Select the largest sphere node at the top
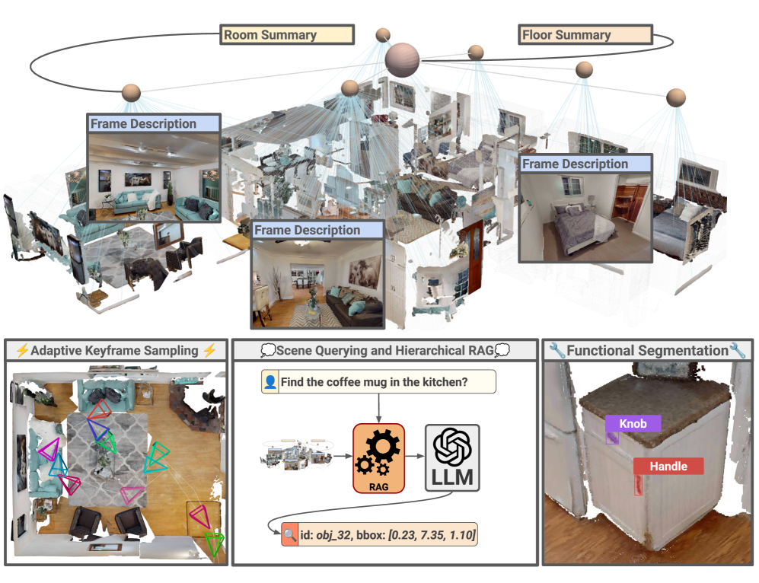[402, 59]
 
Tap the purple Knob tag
[633, 423]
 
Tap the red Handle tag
[668, 466]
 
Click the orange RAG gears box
[378, 457]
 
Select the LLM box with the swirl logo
[451, 457]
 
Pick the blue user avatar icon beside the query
[269, 382]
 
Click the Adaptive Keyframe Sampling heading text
[116, 351]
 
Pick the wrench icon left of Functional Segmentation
[557, 351]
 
